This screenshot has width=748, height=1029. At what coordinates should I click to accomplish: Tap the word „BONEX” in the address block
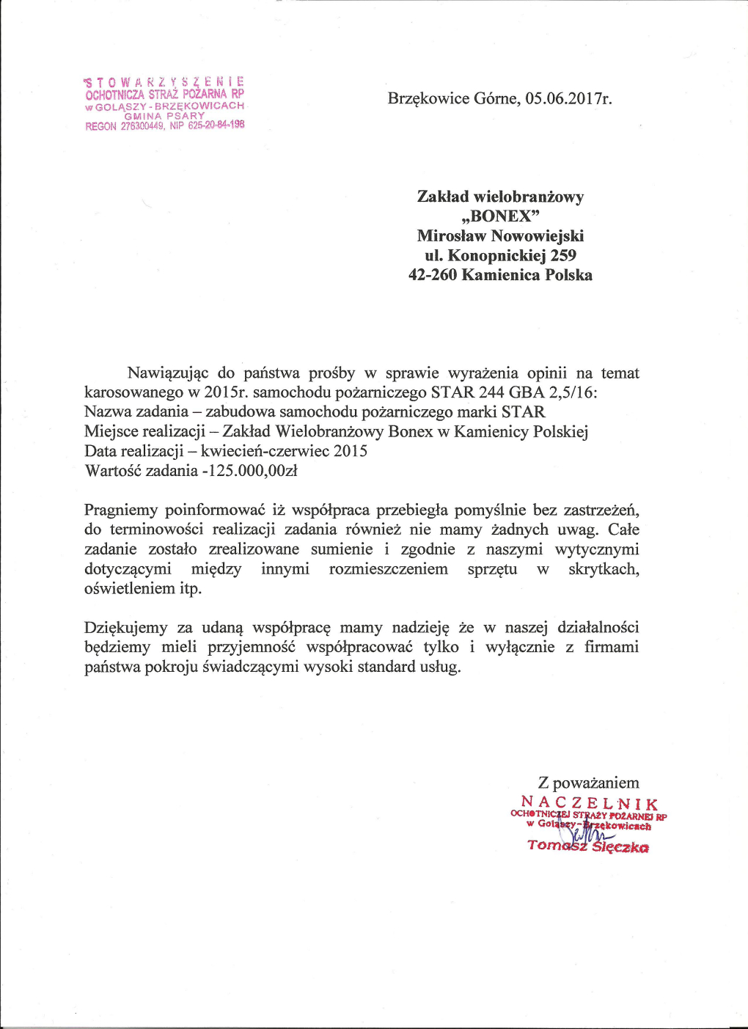click(x=501, y=216)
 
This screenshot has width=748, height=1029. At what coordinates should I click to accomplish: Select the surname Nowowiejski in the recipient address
click(x=538, y=236)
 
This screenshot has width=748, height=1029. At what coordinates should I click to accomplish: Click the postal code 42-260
click(x=433, y=275)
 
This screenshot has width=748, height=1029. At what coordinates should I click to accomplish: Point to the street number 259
click(x=563, y=256)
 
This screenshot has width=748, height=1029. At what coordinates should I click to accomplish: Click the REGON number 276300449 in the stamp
click(x=143, y=126)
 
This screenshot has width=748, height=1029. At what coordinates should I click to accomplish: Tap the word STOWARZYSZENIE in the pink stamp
click(x=164, y=81)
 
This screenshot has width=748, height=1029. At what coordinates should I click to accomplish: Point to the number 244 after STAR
click(x=491, y=392)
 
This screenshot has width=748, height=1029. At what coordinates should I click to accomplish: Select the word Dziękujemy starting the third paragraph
click(x=126, y=628)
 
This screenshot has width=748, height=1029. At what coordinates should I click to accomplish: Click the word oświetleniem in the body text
click(x=130, y=589)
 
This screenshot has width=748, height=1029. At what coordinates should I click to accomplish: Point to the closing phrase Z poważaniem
click(x=589, y=783)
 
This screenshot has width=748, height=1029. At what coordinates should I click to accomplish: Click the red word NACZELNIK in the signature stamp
click(x=590, y=803)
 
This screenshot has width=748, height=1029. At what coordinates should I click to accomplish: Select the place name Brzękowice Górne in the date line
click(x=453, y=99)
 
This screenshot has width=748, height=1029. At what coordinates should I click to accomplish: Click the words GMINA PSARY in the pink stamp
click(x=164, y=116)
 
